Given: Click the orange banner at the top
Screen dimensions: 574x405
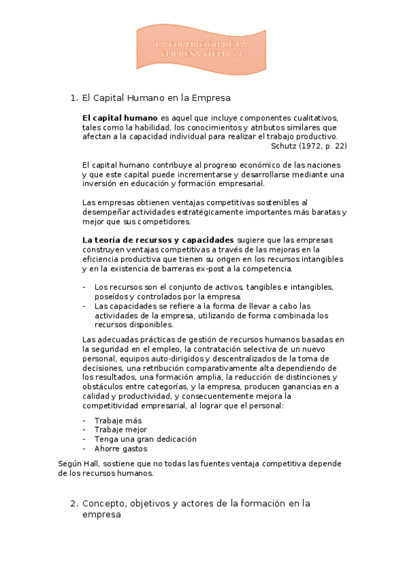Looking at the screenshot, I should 202,47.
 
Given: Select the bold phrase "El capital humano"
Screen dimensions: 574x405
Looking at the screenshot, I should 120,117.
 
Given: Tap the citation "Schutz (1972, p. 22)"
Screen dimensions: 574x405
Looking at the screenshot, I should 308,146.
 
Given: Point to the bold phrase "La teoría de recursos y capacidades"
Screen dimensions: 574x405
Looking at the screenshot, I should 158,240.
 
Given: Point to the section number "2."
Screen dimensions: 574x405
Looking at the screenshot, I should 74,504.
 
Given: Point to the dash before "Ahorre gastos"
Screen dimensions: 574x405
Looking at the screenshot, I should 84,449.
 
